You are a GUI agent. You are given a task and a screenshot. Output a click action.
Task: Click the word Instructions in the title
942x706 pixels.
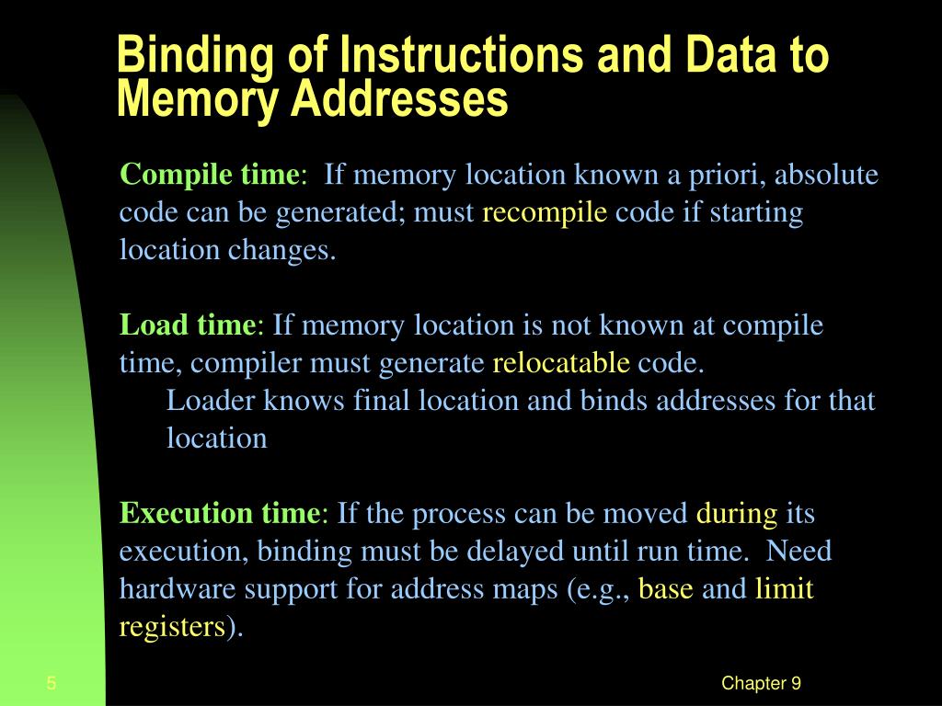[x=461, y=54]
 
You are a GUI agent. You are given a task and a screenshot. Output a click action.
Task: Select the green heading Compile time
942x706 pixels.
[x=209, y=176]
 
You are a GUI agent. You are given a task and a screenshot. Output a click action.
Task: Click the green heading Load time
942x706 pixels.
[x=188, y=325]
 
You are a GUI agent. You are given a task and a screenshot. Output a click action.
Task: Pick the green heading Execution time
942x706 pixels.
[x=220, y=513]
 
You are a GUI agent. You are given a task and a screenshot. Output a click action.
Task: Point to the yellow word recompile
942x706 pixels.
[x=545, y=212]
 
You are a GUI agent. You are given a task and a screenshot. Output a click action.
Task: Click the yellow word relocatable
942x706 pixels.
[x=561, y=362]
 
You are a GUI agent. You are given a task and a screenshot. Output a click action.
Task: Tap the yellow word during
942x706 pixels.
[x=737, y=514]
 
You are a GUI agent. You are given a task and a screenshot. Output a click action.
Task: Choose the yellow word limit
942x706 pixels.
[x=784, y=588]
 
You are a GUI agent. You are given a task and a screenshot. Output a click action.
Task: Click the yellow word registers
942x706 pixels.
[x=172, y=627]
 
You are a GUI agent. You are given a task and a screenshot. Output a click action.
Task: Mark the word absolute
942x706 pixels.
[x=826, y=174]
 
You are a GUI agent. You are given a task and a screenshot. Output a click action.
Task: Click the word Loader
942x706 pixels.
[x=211, y=401]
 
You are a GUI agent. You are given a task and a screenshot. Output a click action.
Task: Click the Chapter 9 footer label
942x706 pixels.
[x=761, y=683]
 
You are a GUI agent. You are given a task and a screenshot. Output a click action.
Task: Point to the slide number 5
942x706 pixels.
[x=52, y=683]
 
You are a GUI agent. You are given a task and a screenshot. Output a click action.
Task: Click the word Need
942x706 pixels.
[x=798, y=552]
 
